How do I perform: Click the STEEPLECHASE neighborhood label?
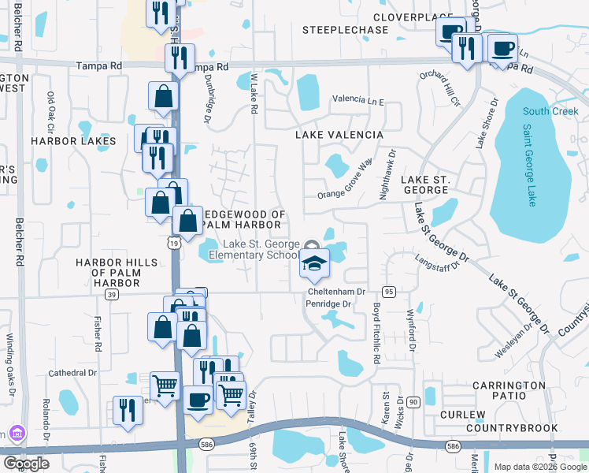346,30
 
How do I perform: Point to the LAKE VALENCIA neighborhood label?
339,135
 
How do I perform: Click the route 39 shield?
112,294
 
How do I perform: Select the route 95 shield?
388,292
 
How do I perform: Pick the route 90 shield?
413,402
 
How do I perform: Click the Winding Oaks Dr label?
10,363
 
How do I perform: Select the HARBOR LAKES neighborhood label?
73,141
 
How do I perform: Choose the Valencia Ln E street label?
357,101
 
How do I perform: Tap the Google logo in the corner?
26,464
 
